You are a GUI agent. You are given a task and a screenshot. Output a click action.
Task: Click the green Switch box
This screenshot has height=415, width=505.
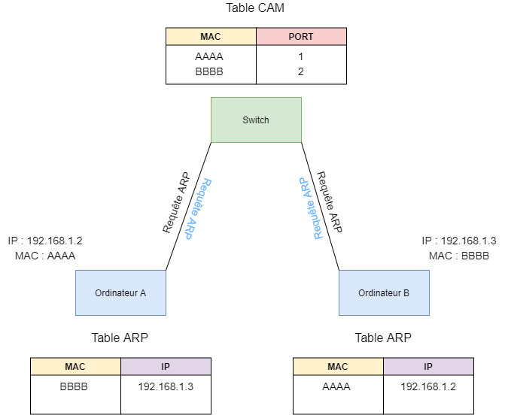[x=256, y=120]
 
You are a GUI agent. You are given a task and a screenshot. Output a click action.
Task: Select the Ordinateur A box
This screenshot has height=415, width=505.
[x=120, y=292]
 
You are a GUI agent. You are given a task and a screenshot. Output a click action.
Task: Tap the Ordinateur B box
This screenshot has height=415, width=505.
[x=384, y=292]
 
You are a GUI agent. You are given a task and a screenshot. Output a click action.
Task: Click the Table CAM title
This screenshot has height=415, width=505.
[x=255, y=8]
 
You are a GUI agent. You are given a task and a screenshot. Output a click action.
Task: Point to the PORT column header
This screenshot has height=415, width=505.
[x=301, y=36]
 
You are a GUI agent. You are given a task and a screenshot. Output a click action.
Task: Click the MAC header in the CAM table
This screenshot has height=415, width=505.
[x=211, y=36]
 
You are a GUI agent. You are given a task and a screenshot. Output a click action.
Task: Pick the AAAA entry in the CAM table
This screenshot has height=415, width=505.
[x=209, y=56]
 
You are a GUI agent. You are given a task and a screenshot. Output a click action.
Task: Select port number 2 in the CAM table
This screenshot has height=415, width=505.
[x=301, y=71]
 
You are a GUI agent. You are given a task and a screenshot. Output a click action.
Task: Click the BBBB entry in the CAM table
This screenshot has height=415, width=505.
[x=209, y=71]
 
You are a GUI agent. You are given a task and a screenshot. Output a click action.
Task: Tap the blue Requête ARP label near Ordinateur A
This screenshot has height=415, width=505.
[x=198, y=209]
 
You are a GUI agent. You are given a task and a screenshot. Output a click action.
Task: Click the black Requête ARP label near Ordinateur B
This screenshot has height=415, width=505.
[x=330, y=202]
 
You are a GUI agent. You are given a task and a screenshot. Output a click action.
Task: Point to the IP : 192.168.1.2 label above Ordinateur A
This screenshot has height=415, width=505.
[x=45, y=241]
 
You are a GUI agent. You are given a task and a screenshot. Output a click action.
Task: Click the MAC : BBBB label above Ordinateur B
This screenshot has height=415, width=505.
[x=459, y=256]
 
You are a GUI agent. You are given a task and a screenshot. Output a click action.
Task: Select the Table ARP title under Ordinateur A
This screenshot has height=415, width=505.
[x=120, y=338]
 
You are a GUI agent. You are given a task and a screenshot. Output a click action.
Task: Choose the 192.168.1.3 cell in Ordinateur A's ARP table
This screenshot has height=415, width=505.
[x=166, y=386]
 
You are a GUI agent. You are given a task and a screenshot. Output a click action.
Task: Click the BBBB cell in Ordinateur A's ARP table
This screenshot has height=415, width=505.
[x=74, y=386]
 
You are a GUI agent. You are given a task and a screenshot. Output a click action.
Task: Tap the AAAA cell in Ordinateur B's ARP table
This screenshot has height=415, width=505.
[x=336, y=386]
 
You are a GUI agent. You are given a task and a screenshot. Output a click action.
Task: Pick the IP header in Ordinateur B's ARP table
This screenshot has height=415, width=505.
[x=428, y=366]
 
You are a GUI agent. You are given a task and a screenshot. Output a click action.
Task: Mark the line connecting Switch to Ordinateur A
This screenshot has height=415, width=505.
[x=188, y=206]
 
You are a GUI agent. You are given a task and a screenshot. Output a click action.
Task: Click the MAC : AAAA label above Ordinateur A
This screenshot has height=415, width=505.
[x=45, y=256]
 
